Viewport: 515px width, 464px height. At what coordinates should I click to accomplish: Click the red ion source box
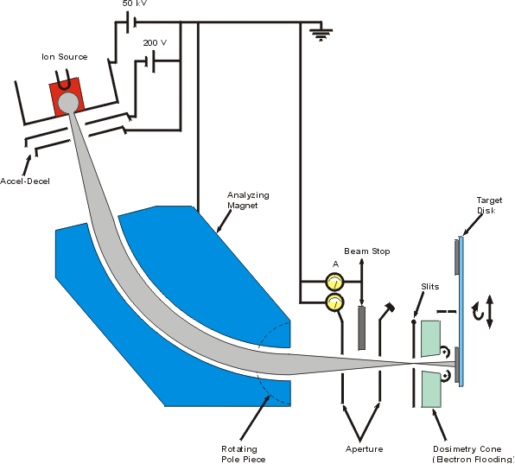click(67, 96)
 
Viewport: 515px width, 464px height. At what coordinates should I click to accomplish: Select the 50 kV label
click(135, 3)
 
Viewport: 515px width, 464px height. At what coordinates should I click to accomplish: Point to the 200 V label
click(155, 43)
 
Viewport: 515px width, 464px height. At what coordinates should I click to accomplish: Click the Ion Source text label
click(64, 57)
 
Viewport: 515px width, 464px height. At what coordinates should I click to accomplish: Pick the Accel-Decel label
click(25, 181)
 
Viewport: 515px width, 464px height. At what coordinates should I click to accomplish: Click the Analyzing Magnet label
click(248, 200)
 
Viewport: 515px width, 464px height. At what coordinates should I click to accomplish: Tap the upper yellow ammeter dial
click(334, 282)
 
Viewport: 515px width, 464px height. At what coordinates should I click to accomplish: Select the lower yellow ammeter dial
click(334, 302)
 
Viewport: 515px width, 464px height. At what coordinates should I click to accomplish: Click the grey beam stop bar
click(361, 328)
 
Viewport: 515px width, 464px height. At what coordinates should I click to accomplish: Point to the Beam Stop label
click(367, 251)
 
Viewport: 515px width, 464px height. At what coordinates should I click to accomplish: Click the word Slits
click(430, 287)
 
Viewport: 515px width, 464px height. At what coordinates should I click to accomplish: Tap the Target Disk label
click(489, 206)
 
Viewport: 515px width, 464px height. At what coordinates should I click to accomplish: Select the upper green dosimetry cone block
click(430, 339)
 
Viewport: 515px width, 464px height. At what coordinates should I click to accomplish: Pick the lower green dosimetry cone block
click(430, 390)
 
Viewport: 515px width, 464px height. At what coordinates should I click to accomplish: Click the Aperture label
click(365, 449)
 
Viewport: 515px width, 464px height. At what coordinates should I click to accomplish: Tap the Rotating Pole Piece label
click(243, 454)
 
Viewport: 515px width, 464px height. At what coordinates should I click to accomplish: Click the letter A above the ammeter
click(335, 264)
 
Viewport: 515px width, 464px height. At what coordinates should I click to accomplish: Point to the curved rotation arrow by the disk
click(478, 312)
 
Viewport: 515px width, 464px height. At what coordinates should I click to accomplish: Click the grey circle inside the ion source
click(68, 103)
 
